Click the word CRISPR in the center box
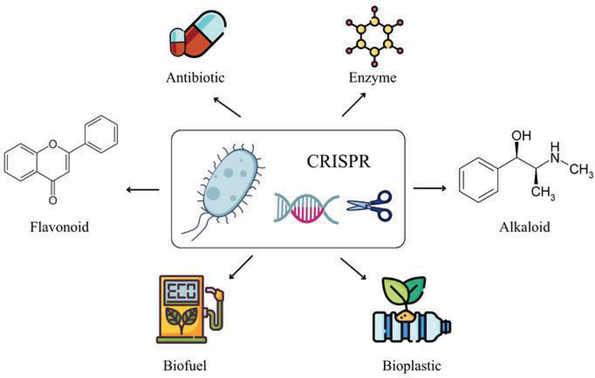[x=339, y=162]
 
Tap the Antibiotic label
[x=195, y=78]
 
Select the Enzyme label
[x=372, y=78]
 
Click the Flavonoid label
[x=60, y=227]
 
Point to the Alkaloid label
[x=524, y=227]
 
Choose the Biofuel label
[x=185, y=366]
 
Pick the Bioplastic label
[x=412, y=366]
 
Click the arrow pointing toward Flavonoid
[x=143, y=190]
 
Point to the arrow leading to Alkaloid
[x=429, y=188]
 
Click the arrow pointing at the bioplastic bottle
[x=353, y=269]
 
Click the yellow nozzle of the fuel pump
[x=219, y=295]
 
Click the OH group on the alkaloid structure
[x=522, y=136]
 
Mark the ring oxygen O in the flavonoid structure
[x=53, y=144]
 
